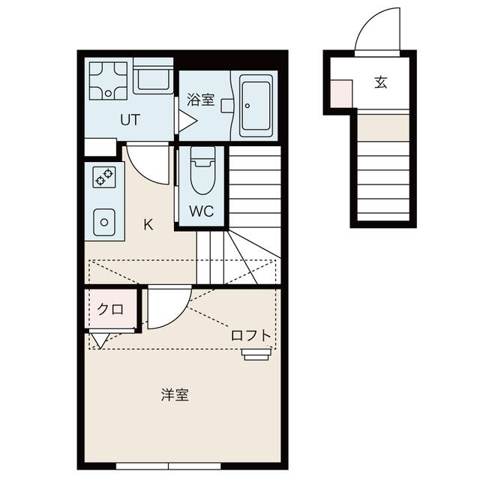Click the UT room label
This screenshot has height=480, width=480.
(x=130, y=120)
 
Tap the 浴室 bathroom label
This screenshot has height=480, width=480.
(x=200, y=100)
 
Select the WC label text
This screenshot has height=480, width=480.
(x=202, y=211)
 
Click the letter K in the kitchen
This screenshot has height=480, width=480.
(x=148, y=225)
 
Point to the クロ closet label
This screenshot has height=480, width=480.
(x=110, y=310)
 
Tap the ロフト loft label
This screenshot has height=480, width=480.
(x=251, y=336)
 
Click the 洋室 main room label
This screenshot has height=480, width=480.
(x=175, y=395)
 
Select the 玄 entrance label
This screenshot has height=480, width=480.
(x=381, y=82)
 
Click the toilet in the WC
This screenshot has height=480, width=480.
(x=202, y=170)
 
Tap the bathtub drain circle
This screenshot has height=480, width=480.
(x=247, y=106)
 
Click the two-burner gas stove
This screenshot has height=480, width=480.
(x=104, y=177)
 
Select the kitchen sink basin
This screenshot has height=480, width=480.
(x=104, y=222)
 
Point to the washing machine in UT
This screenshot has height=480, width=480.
(x=108, y=81)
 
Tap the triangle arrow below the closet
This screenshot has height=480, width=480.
(x=100, y=340)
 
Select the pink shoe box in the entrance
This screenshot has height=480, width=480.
(x=341, y=94)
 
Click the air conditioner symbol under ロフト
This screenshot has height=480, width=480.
(x=256, y=354)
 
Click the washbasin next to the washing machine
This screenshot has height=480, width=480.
(x=153, y=76)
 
